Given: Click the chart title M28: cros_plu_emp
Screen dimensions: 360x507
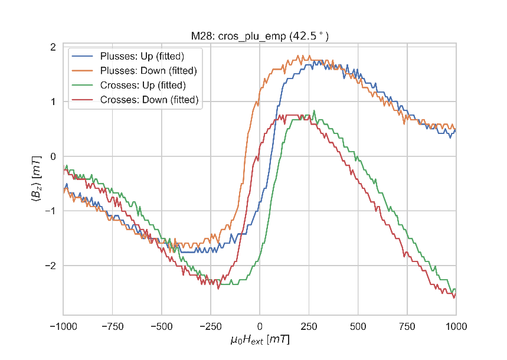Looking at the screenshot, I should (x=260, y=37).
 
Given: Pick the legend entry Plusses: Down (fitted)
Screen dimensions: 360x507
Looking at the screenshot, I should (x=148, y=71).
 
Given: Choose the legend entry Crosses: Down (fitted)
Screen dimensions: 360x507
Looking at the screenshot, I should (x=149, y=100).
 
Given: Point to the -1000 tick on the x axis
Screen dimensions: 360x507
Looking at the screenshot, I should (x=63, y=325).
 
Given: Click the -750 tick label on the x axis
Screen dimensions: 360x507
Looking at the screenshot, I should (x=112, y=325).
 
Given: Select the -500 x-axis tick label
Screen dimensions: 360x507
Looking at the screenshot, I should (x=161, y=325).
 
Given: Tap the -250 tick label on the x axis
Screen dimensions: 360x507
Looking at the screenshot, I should (x=211, y=325).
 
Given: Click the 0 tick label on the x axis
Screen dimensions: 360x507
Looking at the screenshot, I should (x=260, y=325).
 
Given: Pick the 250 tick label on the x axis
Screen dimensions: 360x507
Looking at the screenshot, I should (x=309, y=325).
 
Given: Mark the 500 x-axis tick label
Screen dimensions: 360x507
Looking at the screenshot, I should (x=358, y=325).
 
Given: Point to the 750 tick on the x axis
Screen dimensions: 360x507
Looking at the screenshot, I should (x=407, y=325).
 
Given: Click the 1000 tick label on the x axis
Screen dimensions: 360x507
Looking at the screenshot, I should (x=456, y=325).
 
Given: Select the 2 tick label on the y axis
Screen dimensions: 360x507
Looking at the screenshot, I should (x=53, y=47).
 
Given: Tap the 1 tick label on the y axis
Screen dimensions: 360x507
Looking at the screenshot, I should (x=53, y=102).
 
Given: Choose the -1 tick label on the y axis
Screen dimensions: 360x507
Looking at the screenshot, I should (x=51, y=211).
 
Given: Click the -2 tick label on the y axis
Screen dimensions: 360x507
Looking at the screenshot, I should (x=51, y=266).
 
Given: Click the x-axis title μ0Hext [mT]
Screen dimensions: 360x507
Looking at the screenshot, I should (x=260, y=341).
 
